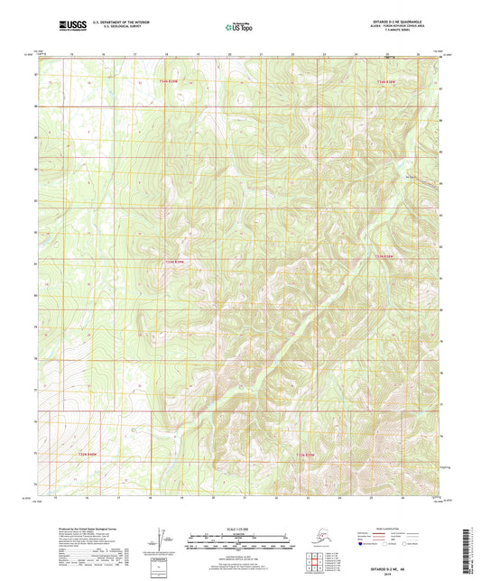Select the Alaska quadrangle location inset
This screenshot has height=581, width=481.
tap(322, 538)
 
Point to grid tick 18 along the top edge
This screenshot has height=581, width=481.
tap(166, 55)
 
